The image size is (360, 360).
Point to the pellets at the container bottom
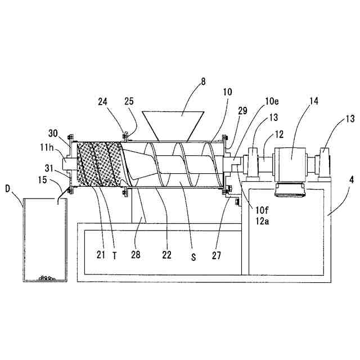coord(45,277)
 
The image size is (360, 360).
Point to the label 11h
coord(47,147)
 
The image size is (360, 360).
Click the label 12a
coord(262,221)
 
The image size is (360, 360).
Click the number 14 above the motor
coord(313,101)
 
